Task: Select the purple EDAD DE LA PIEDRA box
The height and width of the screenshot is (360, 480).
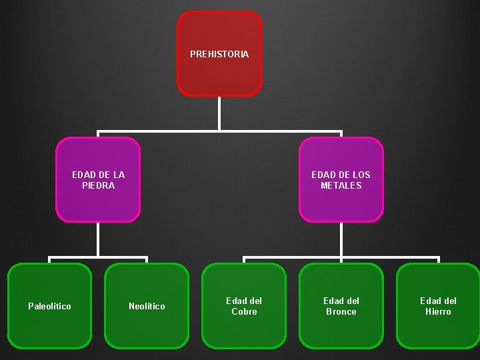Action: tap(98, 200)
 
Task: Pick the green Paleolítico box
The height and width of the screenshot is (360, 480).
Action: tap(49, 327)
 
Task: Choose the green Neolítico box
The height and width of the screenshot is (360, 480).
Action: tap(147, 327)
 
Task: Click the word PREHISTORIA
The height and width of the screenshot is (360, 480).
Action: tap(219, 54)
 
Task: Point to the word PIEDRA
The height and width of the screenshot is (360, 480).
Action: tap(98, 185)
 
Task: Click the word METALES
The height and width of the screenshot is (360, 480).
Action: tap(341, 185)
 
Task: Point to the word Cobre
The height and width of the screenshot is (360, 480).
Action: tap(244, 311)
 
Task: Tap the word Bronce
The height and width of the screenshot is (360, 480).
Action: tap(341, 311)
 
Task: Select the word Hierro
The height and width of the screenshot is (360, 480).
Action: tap(438, 311)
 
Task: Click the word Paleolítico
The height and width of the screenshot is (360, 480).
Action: tap(49, 306)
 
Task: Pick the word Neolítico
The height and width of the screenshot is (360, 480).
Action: tap(147, 306)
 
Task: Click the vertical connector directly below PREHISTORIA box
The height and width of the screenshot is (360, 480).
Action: tap(219, 113)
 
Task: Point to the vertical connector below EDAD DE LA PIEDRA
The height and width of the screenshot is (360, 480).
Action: tap(98, 239)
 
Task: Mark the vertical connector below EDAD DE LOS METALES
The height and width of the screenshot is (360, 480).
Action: tap(341, 239)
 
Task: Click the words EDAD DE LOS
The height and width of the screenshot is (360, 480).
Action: tap(341, 175)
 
